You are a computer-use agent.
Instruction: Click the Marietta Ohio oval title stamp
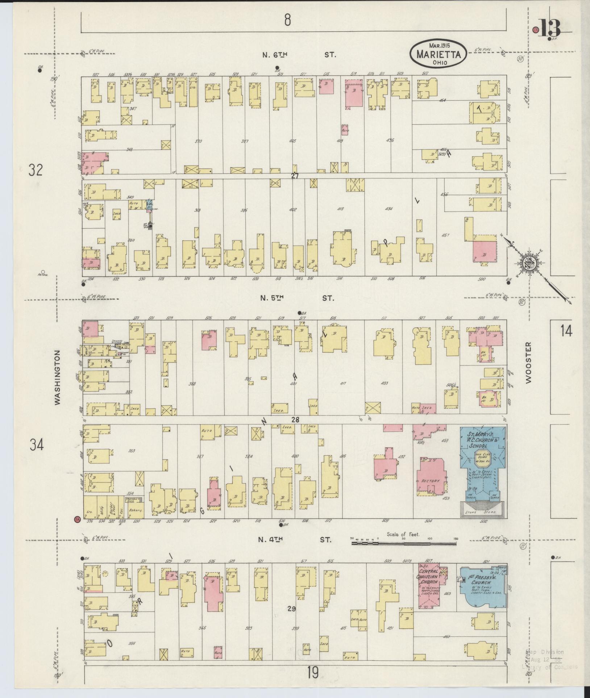click(x=439, y=53)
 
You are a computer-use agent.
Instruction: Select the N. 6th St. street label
click(x=299, y=55)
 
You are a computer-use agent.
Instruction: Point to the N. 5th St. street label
click(x=296, y=298)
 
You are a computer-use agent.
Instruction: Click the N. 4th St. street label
click(x=294, y=549)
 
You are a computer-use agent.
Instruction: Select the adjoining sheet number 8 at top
click(x=287, y=20)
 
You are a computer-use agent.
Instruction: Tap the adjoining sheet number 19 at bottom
click(x=312, y=672)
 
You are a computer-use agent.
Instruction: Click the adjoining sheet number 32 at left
click(x=36, y=170)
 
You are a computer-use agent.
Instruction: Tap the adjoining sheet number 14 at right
click(x=566, y=331)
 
